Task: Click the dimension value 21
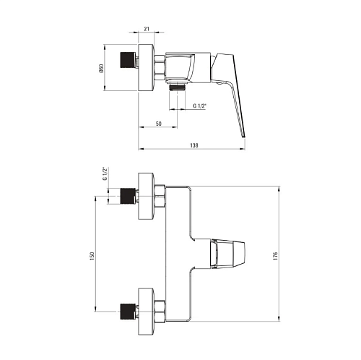coord(147,29)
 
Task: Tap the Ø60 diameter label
coord(101,68)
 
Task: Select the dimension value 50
coord(158,124)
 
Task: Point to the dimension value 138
coord(194,145)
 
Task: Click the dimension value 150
coord(92,256)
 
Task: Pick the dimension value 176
coord(276,256)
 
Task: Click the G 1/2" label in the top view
coord(200,106)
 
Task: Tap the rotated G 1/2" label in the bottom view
coord(105,173)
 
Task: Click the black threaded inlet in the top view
coord(128,60)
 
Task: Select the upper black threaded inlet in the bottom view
coord(128,196)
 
